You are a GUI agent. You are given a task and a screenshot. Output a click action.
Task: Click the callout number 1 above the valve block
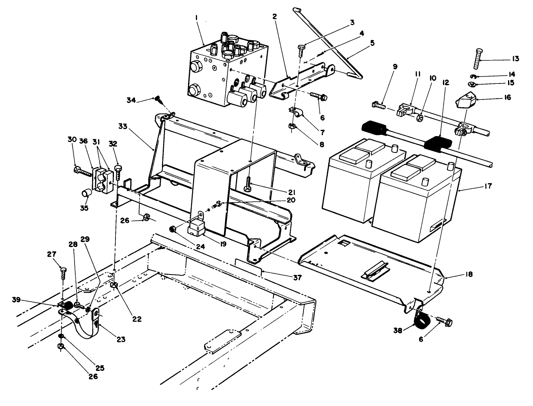[x=196, y=18]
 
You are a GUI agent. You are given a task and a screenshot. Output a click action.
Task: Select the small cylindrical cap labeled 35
[x=86, y=193]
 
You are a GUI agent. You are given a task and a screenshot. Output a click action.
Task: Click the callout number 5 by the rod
[x=372, y=43]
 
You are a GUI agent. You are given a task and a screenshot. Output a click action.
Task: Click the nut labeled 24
[x=174, y=229]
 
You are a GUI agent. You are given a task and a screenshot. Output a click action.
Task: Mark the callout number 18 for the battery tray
[x=469, y=275]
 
